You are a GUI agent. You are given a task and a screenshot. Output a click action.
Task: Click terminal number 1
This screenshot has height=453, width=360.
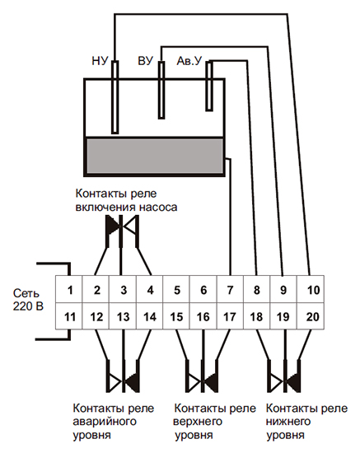(69, 289)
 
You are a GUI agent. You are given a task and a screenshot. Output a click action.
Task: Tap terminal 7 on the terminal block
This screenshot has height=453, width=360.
(230, 289)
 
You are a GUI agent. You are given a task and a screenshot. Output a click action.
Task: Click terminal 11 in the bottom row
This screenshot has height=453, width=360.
(69, 316)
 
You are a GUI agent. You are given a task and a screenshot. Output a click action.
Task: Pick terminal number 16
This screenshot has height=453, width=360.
(203, 316)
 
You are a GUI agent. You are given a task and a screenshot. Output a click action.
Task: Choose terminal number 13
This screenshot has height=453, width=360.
(123, 316)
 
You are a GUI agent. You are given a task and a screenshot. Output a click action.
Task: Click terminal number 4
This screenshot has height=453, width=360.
(150, 289)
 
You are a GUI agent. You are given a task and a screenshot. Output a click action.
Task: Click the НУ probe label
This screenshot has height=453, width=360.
(100, 61)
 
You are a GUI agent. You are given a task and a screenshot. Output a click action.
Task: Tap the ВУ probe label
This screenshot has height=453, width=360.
(145, 61)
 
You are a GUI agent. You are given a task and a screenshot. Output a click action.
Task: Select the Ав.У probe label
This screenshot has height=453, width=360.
(189, 61)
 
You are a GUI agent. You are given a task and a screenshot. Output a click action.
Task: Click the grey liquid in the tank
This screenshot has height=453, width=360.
(155, 156)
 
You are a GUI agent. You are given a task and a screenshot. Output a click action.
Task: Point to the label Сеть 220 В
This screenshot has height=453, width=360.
(28, 300)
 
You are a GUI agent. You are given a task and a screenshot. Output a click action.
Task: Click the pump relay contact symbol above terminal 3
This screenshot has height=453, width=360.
(122, 231)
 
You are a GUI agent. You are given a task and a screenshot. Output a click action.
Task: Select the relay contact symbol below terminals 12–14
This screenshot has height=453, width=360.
(123, 376)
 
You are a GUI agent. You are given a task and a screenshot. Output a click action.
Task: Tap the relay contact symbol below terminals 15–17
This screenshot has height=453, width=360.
(203, 376)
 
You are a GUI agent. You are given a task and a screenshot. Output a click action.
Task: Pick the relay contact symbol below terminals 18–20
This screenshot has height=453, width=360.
(285, 376)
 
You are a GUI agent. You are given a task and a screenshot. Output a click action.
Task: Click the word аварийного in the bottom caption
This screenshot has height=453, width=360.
(105, 422)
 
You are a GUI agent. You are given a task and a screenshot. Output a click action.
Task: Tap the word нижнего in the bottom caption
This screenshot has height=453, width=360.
(288, 422)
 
